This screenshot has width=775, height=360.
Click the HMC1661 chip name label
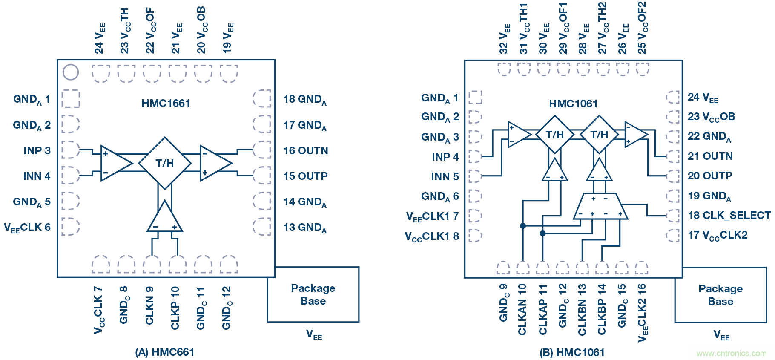tap(166, 104)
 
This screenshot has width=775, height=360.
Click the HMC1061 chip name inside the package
tap(573, 104)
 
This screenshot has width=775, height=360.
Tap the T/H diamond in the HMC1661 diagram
tap(165, 163)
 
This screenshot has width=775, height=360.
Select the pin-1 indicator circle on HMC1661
tap(71, 72)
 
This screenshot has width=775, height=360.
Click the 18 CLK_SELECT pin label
tap(729, 216)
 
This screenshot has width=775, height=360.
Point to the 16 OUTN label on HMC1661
tap(306, 151)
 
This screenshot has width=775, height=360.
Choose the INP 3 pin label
tap(37, 151)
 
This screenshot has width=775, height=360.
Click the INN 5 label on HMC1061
tap(445, 176)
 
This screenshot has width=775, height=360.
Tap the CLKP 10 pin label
tap(175, 308)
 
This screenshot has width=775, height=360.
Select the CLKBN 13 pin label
tap(582, 309)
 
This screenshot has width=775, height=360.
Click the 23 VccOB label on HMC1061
tap(711, 117)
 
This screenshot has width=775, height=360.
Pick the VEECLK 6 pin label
tap(27, 228)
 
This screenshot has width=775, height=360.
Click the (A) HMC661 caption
tap(164, 352)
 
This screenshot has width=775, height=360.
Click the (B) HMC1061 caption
tap(572, 353)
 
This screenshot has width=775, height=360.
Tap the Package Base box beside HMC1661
tap(313, 294)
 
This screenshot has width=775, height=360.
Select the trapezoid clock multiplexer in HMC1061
tap(600, 206)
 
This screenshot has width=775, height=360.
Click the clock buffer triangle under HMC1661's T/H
tap(165, 218)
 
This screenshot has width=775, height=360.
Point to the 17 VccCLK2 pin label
tap(718, 236)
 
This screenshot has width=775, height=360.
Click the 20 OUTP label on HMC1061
tap(710, 176)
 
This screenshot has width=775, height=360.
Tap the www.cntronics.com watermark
tap(731, 354)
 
